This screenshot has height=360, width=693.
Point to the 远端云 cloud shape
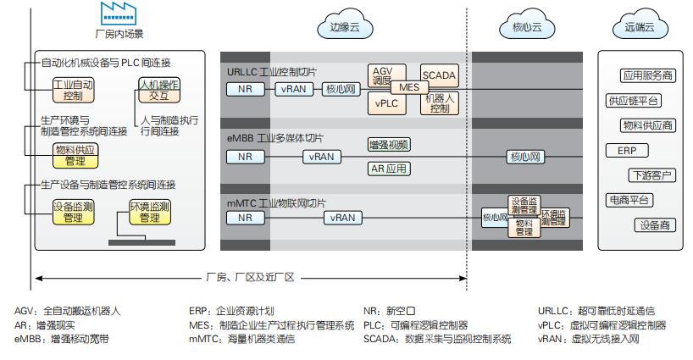click(x=639, y=27)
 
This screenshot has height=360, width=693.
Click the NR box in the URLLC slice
click(x=245, y=88)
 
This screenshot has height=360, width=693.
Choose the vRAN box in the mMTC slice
click(x=342, y=218)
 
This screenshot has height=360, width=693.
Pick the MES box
click(x=409, y=87)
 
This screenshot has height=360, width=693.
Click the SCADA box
click(x=439, y=75)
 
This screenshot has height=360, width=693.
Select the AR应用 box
click(x=389, y=169)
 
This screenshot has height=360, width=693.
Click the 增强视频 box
click(x=389, y=144)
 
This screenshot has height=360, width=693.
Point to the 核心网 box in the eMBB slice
click(x=525, y=157)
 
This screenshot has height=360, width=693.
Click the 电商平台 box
click(x=628, y=200)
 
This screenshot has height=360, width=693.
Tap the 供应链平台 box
click(x=633, y=101)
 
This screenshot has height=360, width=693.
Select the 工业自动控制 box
click(x=73, y=91)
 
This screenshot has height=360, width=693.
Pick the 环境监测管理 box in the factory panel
click(x=149, y=212)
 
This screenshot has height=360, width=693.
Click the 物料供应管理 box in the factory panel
click(x=75, y=155)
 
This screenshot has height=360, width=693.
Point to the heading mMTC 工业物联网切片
click(x=275, y=203)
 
